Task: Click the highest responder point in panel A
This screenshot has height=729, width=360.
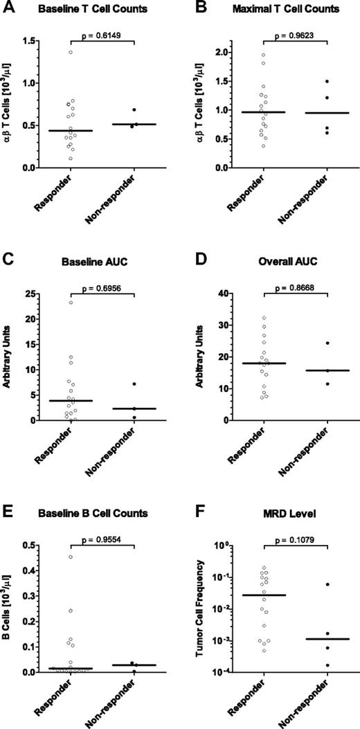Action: [x=71, y=53]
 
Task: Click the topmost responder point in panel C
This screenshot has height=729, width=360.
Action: [x=71, y=302]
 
